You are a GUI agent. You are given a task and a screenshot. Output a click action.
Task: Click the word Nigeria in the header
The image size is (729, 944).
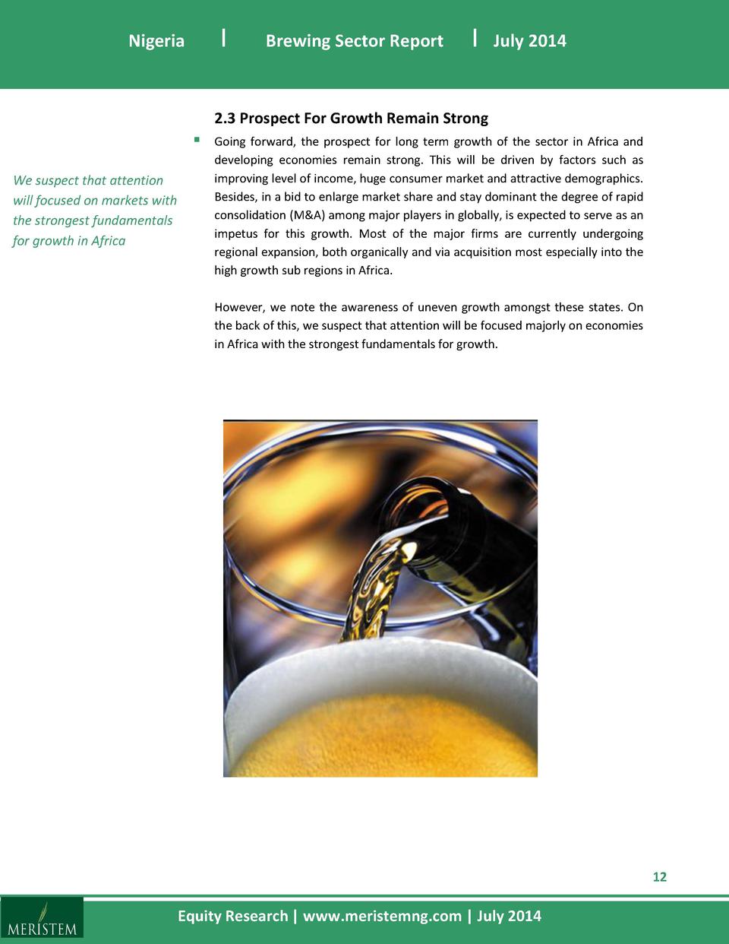156,41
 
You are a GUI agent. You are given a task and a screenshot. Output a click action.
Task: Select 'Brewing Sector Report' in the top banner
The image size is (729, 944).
354,41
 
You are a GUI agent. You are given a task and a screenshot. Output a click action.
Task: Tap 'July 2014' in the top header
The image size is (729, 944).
529,41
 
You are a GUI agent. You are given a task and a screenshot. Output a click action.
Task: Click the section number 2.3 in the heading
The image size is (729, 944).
225,119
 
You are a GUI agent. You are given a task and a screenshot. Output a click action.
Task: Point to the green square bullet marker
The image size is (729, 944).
197,140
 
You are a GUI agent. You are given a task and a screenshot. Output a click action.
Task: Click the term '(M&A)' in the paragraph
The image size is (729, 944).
308,215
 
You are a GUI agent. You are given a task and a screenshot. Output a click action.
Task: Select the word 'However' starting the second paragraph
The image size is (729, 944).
238,307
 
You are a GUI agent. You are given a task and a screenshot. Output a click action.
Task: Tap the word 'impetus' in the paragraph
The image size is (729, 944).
235,233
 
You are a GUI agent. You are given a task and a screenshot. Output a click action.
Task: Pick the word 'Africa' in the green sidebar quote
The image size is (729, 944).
109,241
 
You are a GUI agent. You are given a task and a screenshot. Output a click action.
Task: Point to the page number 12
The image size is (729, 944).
659,877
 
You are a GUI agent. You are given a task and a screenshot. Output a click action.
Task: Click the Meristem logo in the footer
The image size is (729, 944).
42,918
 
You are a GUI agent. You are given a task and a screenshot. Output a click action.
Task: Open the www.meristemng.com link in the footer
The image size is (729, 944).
382,916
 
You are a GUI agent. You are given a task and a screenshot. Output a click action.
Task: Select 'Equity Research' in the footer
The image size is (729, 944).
232,916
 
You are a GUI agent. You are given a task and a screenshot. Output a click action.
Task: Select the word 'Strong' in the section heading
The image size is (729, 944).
465,119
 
